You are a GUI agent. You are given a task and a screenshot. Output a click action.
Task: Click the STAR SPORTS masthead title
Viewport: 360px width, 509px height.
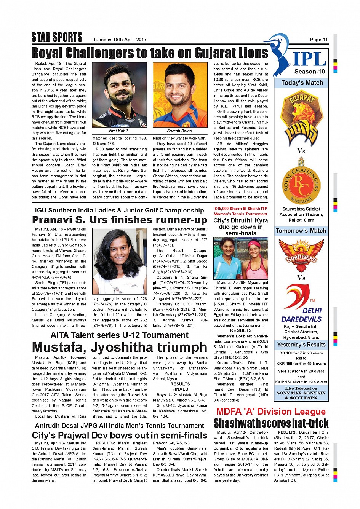click(57, 37)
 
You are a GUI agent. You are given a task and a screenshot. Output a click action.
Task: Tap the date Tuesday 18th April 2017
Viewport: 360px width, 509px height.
click(120, 40)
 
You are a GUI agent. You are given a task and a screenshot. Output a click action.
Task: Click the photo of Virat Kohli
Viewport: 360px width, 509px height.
click(119, 95)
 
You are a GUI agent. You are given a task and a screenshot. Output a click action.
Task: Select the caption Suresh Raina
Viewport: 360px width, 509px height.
click(179, 131)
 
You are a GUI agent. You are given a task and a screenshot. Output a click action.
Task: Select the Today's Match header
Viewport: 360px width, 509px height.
click(302, 83)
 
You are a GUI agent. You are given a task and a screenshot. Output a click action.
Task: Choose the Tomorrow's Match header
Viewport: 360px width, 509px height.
click(301, 231)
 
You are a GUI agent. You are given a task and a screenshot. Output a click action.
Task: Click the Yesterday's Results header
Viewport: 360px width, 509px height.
click(301, 345)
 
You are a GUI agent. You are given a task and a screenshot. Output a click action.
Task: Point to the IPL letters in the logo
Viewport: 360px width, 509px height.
click(309, 59)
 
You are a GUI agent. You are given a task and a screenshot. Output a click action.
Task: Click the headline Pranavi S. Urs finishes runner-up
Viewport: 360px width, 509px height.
click(120, 220)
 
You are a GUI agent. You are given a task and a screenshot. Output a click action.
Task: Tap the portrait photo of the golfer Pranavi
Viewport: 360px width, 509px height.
click(119, 261)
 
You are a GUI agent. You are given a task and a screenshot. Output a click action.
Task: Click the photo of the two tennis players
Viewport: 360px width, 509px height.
click(240, 258)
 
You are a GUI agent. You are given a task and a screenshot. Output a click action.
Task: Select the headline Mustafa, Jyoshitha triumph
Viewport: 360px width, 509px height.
click(120, 347)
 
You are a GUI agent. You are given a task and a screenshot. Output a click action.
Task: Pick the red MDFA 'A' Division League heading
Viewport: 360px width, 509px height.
click(271, 412)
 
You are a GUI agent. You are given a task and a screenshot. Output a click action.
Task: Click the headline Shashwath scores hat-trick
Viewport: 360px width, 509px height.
click(271, 423)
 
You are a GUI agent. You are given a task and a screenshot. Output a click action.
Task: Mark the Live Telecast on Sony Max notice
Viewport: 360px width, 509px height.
click(301, 393)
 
